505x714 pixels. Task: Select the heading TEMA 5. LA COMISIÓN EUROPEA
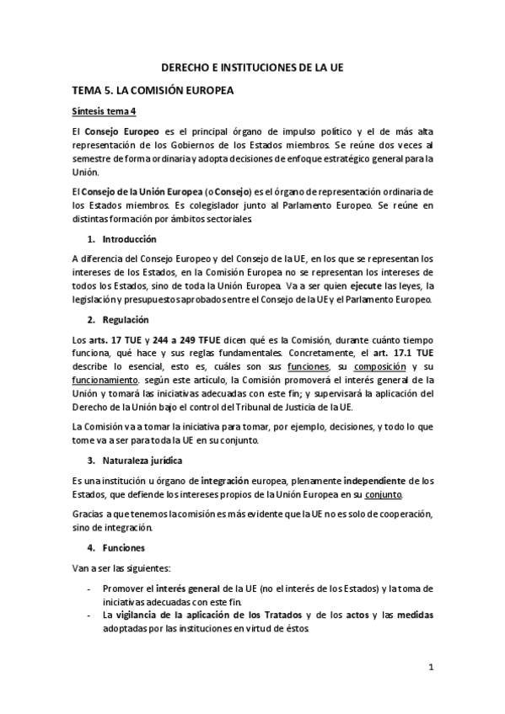(x=153, y=89)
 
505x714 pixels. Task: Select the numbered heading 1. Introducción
(x=125, y=239)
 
